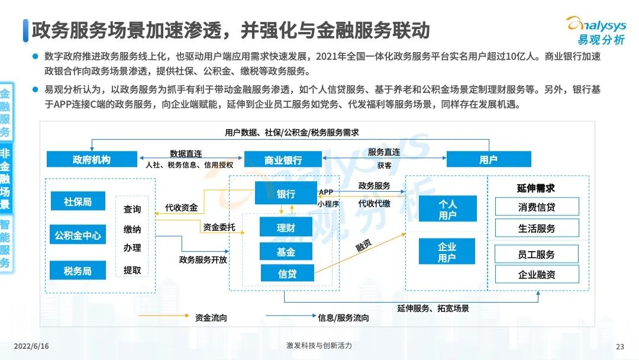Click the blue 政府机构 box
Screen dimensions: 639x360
pyautogui.click(x=92, y=159)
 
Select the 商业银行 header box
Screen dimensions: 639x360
pyautogui.click(x=283, y=159)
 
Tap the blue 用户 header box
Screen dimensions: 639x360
pyautogui.click(x=489, y=159)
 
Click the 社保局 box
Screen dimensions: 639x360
pyautogui.click(x=78, y=201)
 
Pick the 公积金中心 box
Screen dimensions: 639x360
pyautogui.click(x=78, y=234)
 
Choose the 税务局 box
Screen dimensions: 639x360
pyautogui.click(x=78, y=271)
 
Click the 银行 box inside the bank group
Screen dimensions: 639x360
pyautogui.click(x=286, y=193)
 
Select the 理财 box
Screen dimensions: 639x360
pyautogui.click(x=286, y=227)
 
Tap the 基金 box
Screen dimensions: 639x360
pyautogui.click(x=286, y=252)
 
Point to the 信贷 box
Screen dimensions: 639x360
pyautogui.click(x=288, y=273)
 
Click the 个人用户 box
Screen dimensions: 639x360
pyautogui.click(x=447, y=209)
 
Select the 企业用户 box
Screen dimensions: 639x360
pyautogui.click(x=447, y=252)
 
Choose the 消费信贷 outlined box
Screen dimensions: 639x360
pyautogui.click(x=537, y=207)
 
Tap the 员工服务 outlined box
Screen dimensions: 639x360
pyautogui.click(x=536, y=255)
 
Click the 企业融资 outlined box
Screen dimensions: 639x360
pyautogui.click(x=537, y=274)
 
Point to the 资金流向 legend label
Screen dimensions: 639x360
pyautogui.click(x=211, y=317)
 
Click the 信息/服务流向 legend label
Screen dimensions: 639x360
pyautogui.click(x=343, y=317)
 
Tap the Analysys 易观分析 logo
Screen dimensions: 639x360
pyautogui.click(x=598, y=31)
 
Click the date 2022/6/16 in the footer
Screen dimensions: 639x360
pyautogui.click(x=31, y=346)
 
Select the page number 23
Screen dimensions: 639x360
pyautogui.click(x=620, y=346)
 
